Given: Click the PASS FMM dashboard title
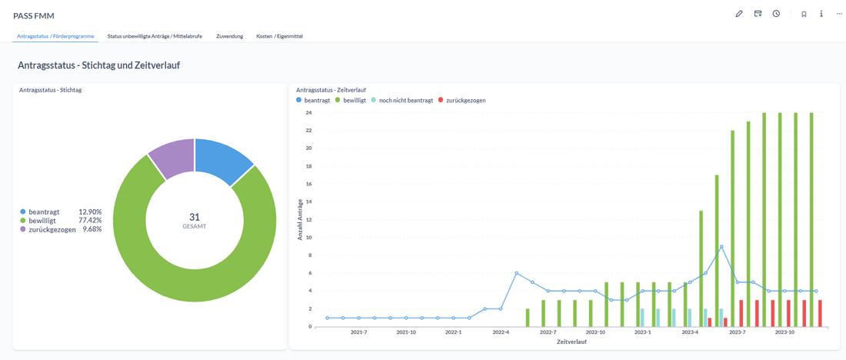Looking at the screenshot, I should click(34, 15).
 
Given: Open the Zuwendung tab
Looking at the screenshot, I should click(230, 36).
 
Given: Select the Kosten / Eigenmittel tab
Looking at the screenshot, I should click(279, 36).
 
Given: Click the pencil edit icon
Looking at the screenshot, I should click(739, 14).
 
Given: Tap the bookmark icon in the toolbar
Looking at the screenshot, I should click(804, 14).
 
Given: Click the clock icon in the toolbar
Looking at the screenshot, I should click(777, 14).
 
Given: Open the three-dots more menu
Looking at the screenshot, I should click(840, 14).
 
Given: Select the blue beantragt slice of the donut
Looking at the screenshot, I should click(223, 159).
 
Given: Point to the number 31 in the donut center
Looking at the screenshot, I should click(194, 217).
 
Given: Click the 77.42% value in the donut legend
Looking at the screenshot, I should click(90, 220).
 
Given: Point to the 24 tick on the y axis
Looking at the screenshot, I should click(308, 113).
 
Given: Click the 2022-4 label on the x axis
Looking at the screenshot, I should click(501, 332).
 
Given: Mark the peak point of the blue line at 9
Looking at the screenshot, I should click(721, 247).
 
